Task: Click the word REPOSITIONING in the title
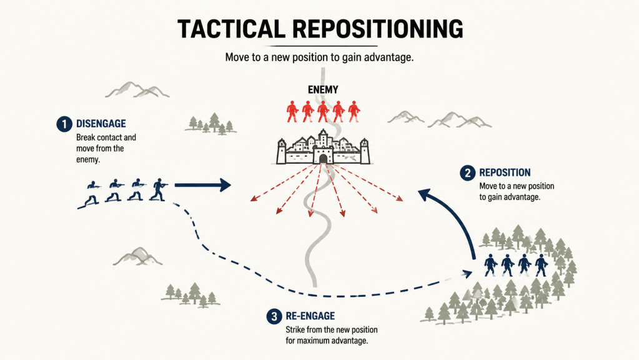click(378, 29)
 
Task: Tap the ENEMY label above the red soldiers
click(323, 90)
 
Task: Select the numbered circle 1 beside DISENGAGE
click(64, 124)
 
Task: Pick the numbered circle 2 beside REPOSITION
click(467, 173)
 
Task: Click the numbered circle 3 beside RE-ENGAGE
click(274, 316)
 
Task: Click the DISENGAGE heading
click(101, 124)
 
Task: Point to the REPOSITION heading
click(505, 172)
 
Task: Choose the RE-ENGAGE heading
click(310, 316)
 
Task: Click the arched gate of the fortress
click(323, 159)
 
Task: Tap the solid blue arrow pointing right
click(202, 185)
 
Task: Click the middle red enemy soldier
click(323, 111)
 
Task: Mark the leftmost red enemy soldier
click(292, 111)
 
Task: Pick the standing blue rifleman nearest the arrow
click(158, 189)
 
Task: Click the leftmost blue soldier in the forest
click(490, 266)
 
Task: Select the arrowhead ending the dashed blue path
click(467, 274)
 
